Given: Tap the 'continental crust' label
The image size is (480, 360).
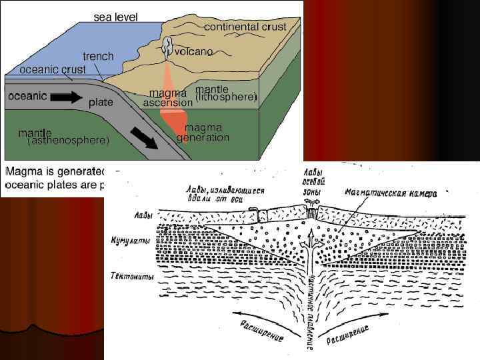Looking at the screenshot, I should pos(245,27).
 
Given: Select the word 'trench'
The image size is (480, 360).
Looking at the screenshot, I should pos(98,57).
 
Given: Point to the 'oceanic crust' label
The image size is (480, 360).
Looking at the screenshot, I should pos(52,69).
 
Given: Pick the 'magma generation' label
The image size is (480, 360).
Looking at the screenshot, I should pos(203,133).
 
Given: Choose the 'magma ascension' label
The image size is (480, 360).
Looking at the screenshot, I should pos(168,98).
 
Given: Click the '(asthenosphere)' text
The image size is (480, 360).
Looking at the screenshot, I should pos(68,141).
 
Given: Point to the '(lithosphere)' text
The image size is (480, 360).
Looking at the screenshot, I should pos(226,97).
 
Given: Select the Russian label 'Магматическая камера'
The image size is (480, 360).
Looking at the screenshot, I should pos(390,193).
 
